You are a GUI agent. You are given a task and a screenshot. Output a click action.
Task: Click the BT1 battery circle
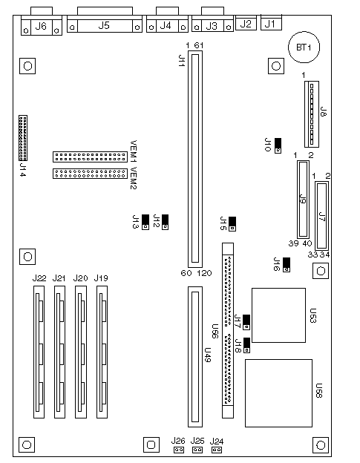coord(304,47)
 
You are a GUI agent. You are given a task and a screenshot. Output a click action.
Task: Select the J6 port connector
coord(42,22)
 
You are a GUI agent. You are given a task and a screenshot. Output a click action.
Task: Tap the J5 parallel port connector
coord(105,20)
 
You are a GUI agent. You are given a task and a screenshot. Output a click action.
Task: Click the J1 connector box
coord(271,22)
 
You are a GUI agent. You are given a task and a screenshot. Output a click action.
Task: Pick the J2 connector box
coord(246,22)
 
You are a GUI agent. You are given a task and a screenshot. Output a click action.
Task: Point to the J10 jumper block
coord(278,146)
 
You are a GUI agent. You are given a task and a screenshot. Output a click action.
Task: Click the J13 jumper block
coord(145,222)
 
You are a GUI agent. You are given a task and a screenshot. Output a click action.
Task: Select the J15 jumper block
coord(232,224)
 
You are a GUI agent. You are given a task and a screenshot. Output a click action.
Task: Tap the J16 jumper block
coord(287,265)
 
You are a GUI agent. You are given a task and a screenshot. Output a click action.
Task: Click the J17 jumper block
coord(246,322)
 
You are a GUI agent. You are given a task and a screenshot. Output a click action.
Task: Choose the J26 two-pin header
coord(178,450)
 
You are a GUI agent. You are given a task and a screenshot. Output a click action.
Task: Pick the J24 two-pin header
coord(217,450)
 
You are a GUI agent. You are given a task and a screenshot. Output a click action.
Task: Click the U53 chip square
coord(278,315)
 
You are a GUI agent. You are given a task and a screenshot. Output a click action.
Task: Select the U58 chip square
coord(278,393)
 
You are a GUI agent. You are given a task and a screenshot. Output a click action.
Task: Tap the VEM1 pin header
coord(90,157)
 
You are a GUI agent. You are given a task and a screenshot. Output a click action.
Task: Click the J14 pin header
coord(23,138)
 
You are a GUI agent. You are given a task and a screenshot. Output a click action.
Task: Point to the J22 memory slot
coord(39,352)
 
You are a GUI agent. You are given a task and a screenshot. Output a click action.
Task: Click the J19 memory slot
coord(102,352)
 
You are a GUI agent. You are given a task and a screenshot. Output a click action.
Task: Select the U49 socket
coord(195,357)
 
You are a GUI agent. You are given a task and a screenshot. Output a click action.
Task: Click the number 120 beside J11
coord(204,273)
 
